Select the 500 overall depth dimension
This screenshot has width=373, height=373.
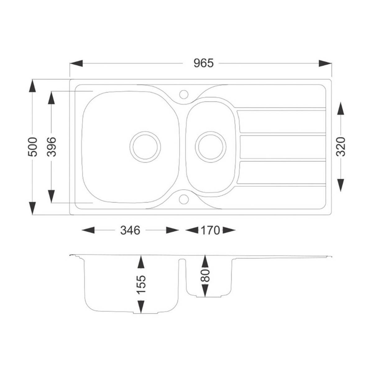[x=32, y=147]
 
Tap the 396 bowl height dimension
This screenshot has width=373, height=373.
[x=52, y=147]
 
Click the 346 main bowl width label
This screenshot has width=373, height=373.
[x=130, y=230]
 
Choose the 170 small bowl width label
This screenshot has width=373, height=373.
[x=210, y=230]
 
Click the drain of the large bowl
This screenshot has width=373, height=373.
[x=145, y=147]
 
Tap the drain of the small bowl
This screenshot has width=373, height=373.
[x=211, y=147]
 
